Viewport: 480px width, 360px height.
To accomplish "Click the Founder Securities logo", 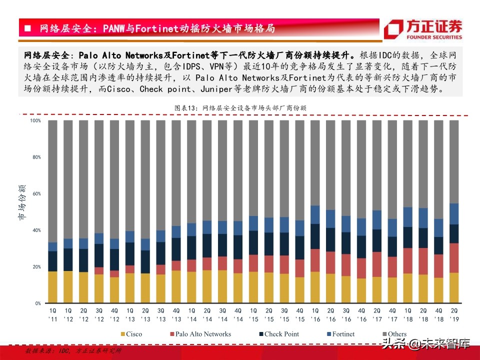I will coord(423,29).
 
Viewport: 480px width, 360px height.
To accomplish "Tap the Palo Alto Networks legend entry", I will coord(200,334).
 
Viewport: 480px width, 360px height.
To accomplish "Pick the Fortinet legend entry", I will coord(342,334).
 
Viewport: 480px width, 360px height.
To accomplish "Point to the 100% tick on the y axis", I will coord(35,120).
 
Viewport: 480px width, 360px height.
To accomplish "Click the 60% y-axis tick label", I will coord(36,193).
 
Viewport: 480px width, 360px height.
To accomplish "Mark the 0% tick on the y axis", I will coord(37,303).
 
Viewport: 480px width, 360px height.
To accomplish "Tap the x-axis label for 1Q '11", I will coord(52,315).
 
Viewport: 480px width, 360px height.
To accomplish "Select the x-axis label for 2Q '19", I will coord(454,315).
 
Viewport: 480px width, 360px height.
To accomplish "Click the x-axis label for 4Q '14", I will coord(238,315).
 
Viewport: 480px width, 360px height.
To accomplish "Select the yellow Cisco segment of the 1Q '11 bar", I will coord(52,287).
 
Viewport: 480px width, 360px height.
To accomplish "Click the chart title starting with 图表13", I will coord(240,107).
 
